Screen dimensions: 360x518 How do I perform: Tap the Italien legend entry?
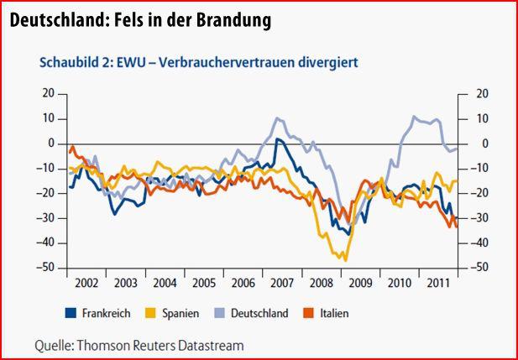coord(332,313)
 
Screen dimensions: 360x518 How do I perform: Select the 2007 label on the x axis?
coord(280,283)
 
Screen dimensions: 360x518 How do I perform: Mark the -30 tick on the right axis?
coord(478,218)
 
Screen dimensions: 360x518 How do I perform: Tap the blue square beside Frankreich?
coord(71,313)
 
